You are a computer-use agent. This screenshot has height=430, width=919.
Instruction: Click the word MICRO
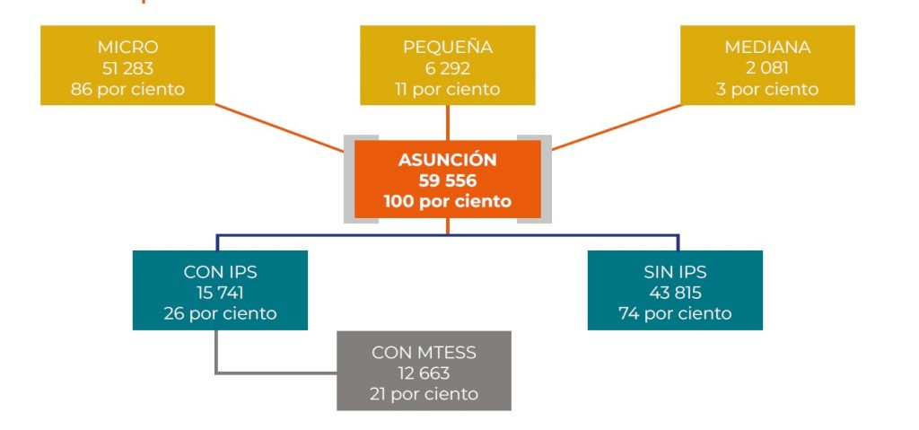(127, 47)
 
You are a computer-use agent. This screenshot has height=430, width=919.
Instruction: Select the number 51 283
(127, 68)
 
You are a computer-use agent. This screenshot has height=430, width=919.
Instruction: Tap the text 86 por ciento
(127, 89)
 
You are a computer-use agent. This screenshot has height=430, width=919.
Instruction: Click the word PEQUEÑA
(447, 46)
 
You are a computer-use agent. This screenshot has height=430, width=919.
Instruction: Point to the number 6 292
(447, 68)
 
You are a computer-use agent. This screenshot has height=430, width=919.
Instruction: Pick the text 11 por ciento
(447, 89)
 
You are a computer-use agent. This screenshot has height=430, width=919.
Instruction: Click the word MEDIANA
(767, 47)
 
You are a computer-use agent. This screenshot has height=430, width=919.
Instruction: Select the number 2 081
(767, 68)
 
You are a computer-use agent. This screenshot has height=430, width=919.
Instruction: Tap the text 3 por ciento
(767, 89)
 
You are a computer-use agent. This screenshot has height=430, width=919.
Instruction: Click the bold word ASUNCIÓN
(447, 159)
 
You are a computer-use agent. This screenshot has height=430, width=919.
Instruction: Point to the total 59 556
(447, 180)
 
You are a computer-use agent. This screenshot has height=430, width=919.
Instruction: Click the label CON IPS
(220, 272)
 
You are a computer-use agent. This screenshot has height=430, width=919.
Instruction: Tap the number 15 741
(220, 293)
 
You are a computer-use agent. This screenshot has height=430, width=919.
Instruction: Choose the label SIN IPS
(675, 272)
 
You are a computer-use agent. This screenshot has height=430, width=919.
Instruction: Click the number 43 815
(675, 293)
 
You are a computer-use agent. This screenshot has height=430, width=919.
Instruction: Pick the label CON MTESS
(424, 353)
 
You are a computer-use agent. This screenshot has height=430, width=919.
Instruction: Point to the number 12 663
(424, 373)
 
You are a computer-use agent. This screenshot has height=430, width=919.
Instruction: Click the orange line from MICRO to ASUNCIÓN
(280, 128)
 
